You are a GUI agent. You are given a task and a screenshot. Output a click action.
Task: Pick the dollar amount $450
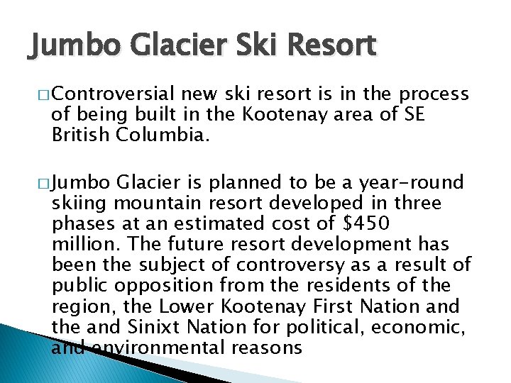(366, 224)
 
